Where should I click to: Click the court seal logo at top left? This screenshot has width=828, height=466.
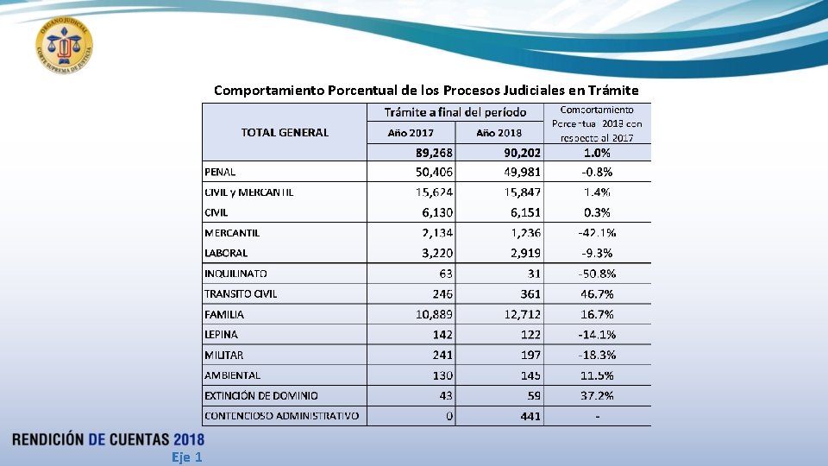[65, 46]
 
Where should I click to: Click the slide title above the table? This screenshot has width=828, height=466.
[426, 90]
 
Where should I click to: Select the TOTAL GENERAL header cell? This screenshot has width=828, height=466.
[285, 132]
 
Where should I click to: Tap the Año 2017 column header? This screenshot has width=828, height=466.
[411, 133]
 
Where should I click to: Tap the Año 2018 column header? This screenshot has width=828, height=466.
[499, 133]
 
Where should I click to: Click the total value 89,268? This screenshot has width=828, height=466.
[434, 152]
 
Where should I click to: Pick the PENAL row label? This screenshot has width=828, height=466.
[220, 172]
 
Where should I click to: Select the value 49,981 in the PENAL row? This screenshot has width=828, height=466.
[523, 172]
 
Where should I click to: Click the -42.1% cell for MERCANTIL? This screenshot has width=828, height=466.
[597, 233]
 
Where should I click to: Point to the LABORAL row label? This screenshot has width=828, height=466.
[226, 253]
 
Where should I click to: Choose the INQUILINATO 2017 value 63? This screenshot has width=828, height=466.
[446, 274]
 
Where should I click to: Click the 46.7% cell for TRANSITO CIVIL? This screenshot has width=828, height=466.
[597, 294]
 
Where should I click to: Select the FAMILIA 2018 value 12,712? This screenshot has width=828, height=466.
[523, 315]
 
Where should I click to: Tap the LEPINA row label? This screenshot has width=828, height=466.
[222, 334]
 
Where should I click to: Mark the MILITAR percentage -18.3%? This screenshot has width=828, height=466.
[597, 355]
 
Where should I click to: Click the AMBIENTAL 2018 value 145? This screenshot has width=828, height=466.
[530, 375]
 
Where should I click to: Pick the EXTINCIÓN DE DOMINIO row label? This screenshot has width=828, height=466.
[261, 395]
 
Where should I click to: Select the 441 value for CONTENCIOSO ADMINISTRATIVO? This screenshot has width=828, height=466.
[530, 416]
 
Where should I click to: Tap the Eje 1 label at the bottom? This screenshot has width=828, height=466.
[186, 457]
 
